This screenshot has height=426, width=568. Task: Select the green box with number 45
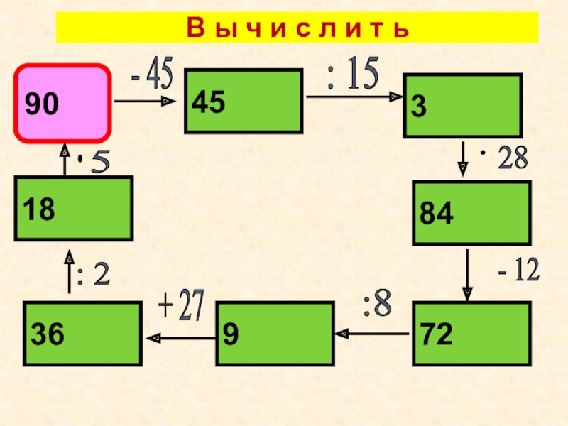point(243,101)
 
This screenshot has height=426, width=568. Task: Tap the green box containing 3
point(462,106)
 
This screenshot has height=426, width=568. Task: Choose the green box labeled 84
point(471,212)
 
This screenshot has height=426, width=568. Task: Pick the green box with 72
point(471,334)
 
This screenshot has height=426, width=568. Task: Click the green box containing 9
point(275,334)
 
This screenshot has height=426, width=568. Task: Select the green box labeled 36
point(82,334)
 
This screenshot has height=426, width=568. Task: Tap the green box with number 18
point(73,208)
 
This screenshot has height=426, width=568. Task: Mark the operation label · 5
point(94,163)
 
